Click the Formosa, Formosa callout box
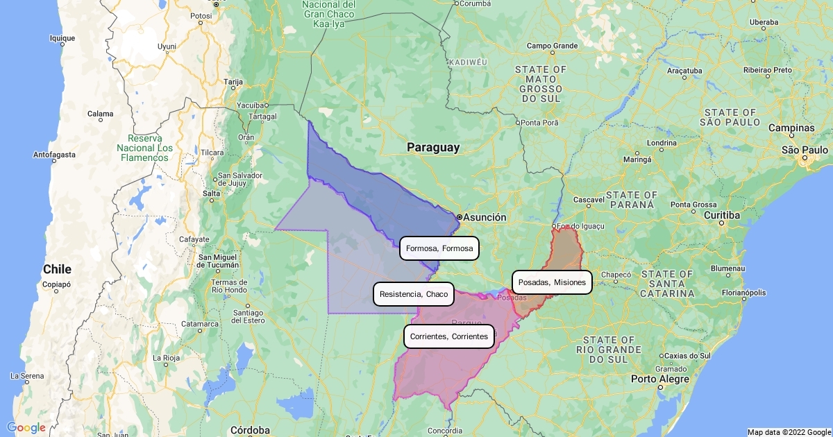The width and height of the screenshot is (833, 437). pos(439,248)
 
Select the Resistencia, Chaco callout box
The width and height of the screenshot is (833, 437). pos(414,294)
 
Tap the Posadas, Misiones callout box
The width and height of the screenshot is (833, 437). pos(552,282)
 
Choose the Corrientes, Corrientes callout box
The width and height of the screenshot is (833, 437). pos(449,336)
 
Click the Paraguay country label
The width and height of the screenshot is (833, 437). pos(433,147)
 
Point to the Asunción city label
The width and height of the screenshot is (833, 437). pos(485,217)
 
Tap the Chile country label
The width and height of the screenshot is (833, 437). pos(57,269)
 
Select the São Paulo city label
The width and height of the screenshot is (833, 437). pos(805,150)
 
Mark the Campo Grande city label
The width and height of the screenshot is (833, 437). pos(553,46)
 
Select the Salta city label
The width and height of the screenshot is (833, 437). pos(211,193)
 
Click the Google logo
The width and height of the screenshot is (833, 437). pos(26,427)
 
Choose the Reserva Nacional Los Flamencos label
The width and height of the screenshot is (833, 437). pos(144,148)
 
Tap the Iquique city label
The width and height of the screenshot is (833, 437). pos(62,38)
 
